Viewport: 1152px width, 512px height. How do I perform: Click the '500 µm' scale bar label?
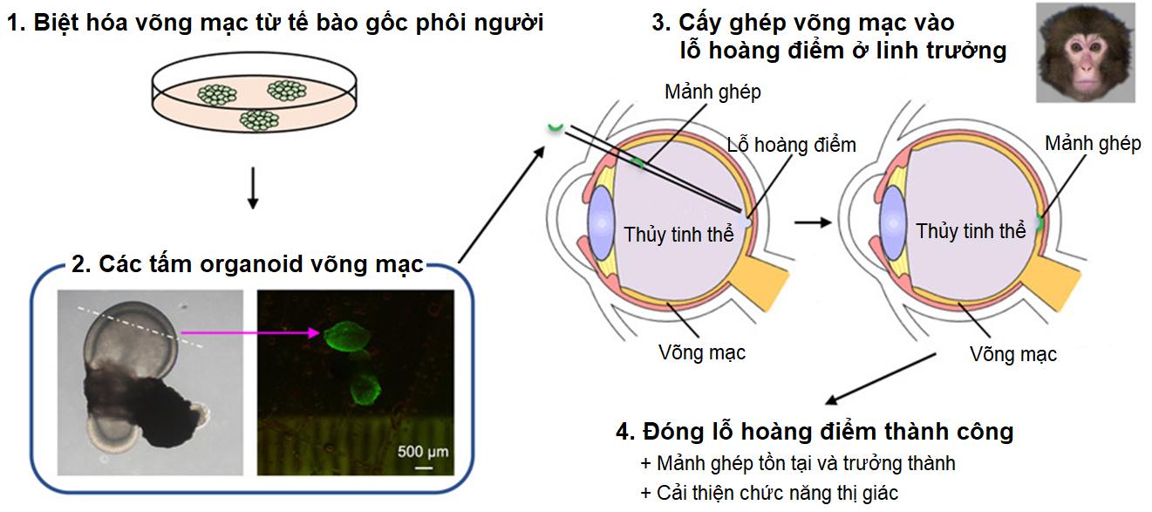point(423,452)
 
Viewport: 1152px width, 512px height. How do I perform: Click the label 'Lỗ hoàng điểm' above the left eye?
point(791,145)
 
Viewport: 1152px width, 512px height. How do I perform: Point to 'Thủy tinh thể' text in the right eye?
point(971,231)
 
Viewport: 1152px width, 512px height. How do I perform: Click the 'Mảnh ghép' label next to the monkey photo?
point(1093,144)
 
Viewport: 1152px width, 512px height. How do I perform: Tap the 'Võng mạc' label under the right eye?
point(1013,354)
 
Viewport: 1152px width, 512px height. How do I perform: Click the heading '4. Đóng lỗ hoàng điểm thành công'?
point(815,431)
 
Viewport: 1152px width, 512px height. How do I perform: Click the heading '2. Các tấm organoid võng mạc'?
point(249,264)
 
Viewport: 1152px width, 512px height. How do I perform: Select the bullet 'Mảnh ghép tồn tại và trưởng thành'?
point(798,463)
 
